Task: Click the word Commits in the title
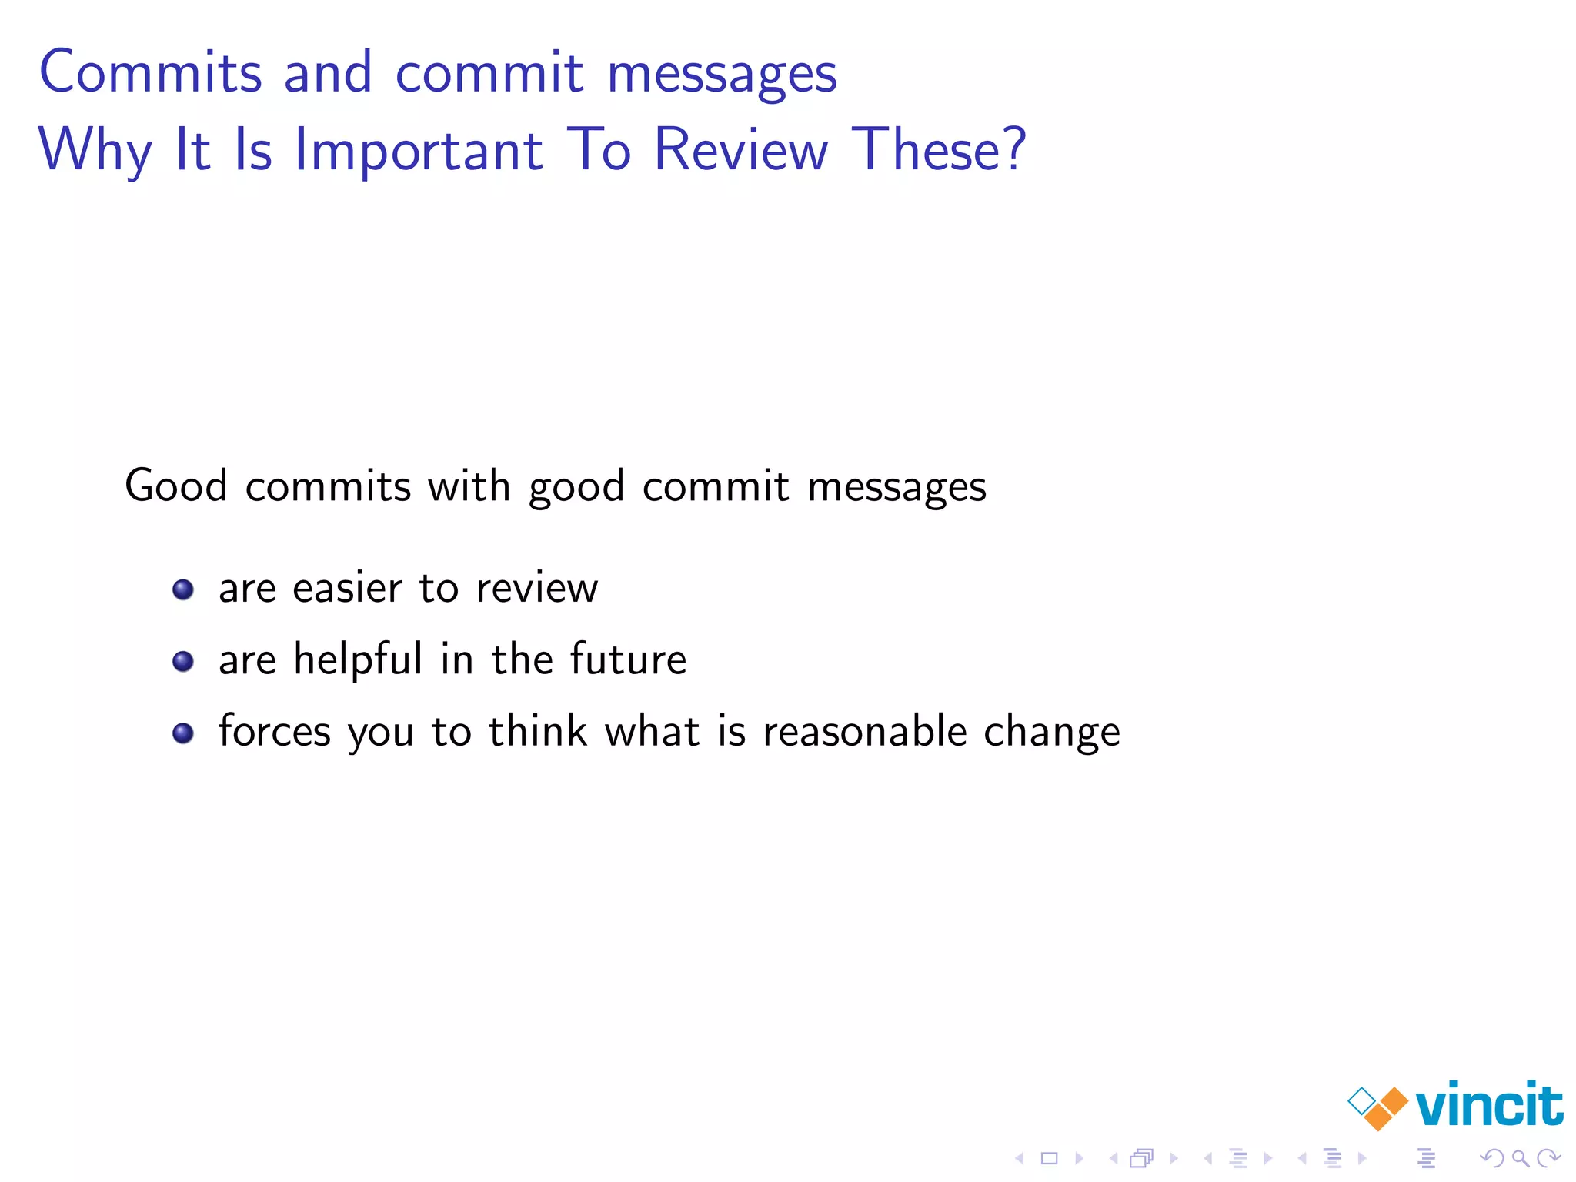pos(151,73)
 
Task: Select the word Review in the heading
pos(741,150)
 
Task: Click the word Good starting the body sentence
pos(176,486)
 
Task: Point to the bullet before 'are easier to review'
pos(183,590)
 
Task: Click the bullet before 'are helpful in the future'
pos(183,662)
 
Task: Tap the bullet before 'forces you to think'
pos(183,733)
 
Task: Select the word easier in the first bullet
pos(347,589)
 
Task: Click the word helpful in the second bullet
pos(358,660)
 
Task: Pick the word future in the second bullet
pos(628,660)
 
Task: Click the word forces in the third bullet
pos(275,732)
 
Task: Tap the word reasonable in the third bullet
pos(864,732)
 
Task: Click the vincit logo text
pos(1488,1106)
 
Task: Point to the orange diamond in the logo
pos(1385,1108)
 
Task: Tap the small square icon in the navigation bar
pos(1050,1158)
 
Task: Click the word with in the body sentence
pos(469,486)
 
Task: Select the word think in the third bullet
pos(538,732)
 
